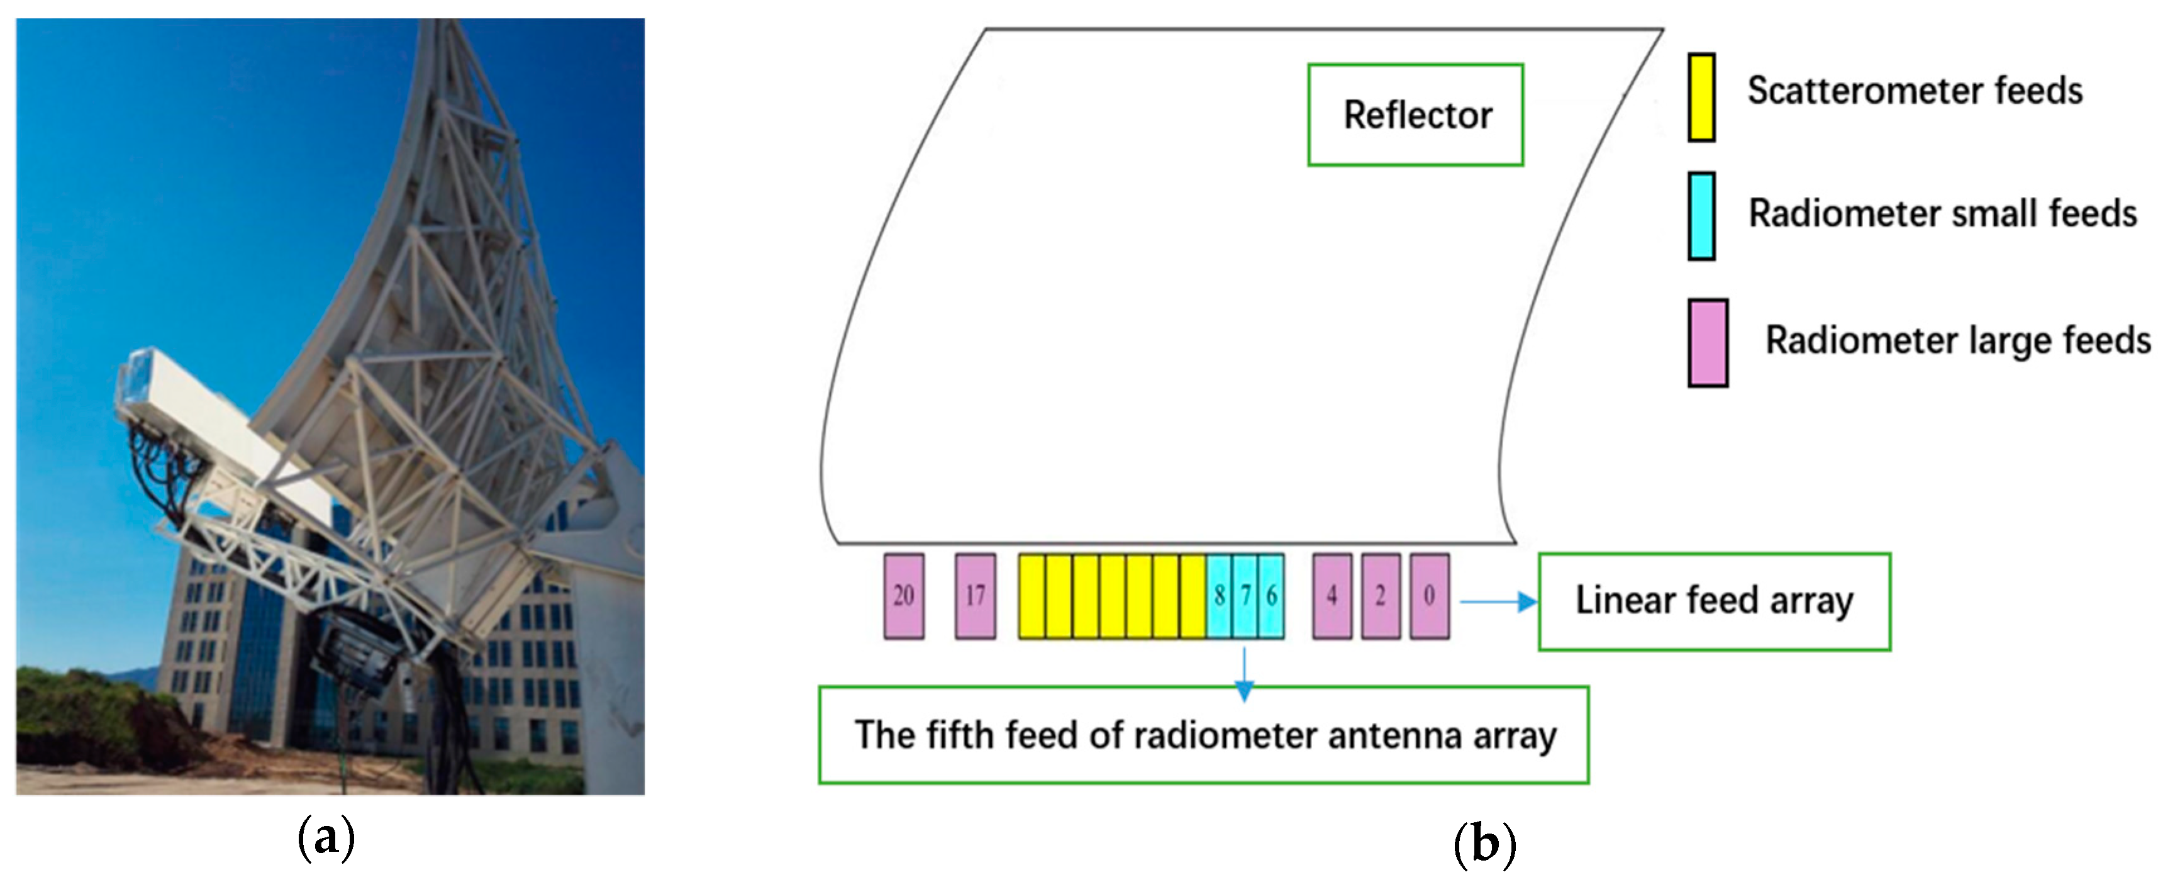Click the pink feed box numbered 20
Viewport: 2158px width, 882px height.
tap(904, 596)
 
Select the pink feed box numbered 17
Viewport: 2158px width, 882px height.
tap(975, 596)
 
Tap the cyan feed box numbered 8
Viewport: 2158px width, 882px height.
tap(1219, 596)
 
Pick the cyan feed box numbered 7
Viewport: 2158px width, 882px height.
tap(1245, 596)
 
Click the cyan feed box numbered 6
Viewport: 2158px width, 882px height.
tap(1271, 596)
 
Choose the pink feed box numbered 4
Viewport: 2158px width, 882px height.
tap(1331, 596)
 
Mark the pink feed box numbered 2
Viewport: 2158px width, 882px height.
tap(1380, 596)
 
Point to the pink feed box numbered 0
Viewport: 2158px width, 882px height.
tap(1429, 596)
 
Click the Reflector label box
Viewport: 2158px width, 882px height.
tap(1415, 114)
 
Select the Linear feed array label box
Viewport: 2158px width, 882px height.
tap(1714, 601)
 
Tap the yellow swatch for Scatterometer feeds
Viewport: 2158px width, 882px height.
tap(1701, 97)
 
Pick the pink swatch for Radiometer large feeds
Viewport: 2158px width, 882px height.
tap(1707, 343)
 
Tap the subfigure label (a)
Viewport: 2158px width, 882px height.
tap(326, 837)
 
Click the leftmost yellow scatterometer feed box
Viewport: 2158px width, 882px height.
tap(1032, 596)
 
